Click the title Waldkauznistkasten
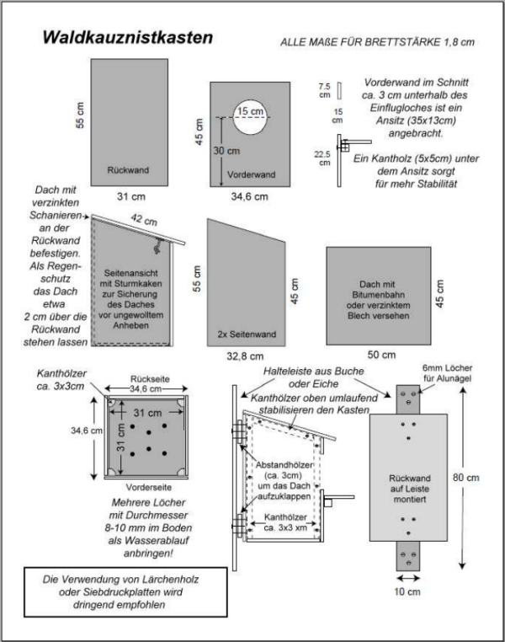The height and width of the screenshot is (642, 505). [x=128, y=38]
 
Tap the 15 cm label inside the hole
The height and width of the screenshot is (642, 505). [x=248, y=111]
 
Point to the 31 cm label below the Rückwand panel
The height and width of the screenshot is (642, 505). [x=128, y=196]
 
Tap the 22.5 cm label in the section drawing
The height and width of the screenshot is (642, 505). [x=324, y=158]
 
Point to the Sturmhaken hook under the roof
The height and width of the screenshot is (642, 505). [x=157, y=247]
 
